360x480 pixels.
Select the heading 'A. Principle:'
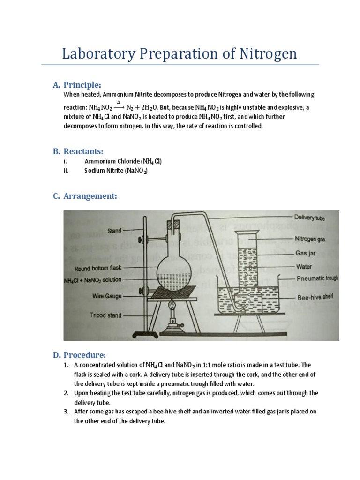pos(77,85)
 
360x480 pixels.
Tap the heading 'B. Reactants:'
pos(78,151)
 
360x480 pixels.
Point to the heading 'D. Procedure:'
pos(80,354)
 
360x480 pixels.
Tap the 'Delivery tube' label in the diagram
pos(309,217)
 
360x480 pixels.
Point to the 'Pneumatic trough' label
pos(317,278)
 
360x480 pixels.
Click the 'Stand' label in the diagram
pos(114,231)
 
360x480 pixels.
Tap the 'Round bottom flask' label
pos(97,269)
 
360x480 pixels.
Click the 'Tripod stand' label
pos(106,315)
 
